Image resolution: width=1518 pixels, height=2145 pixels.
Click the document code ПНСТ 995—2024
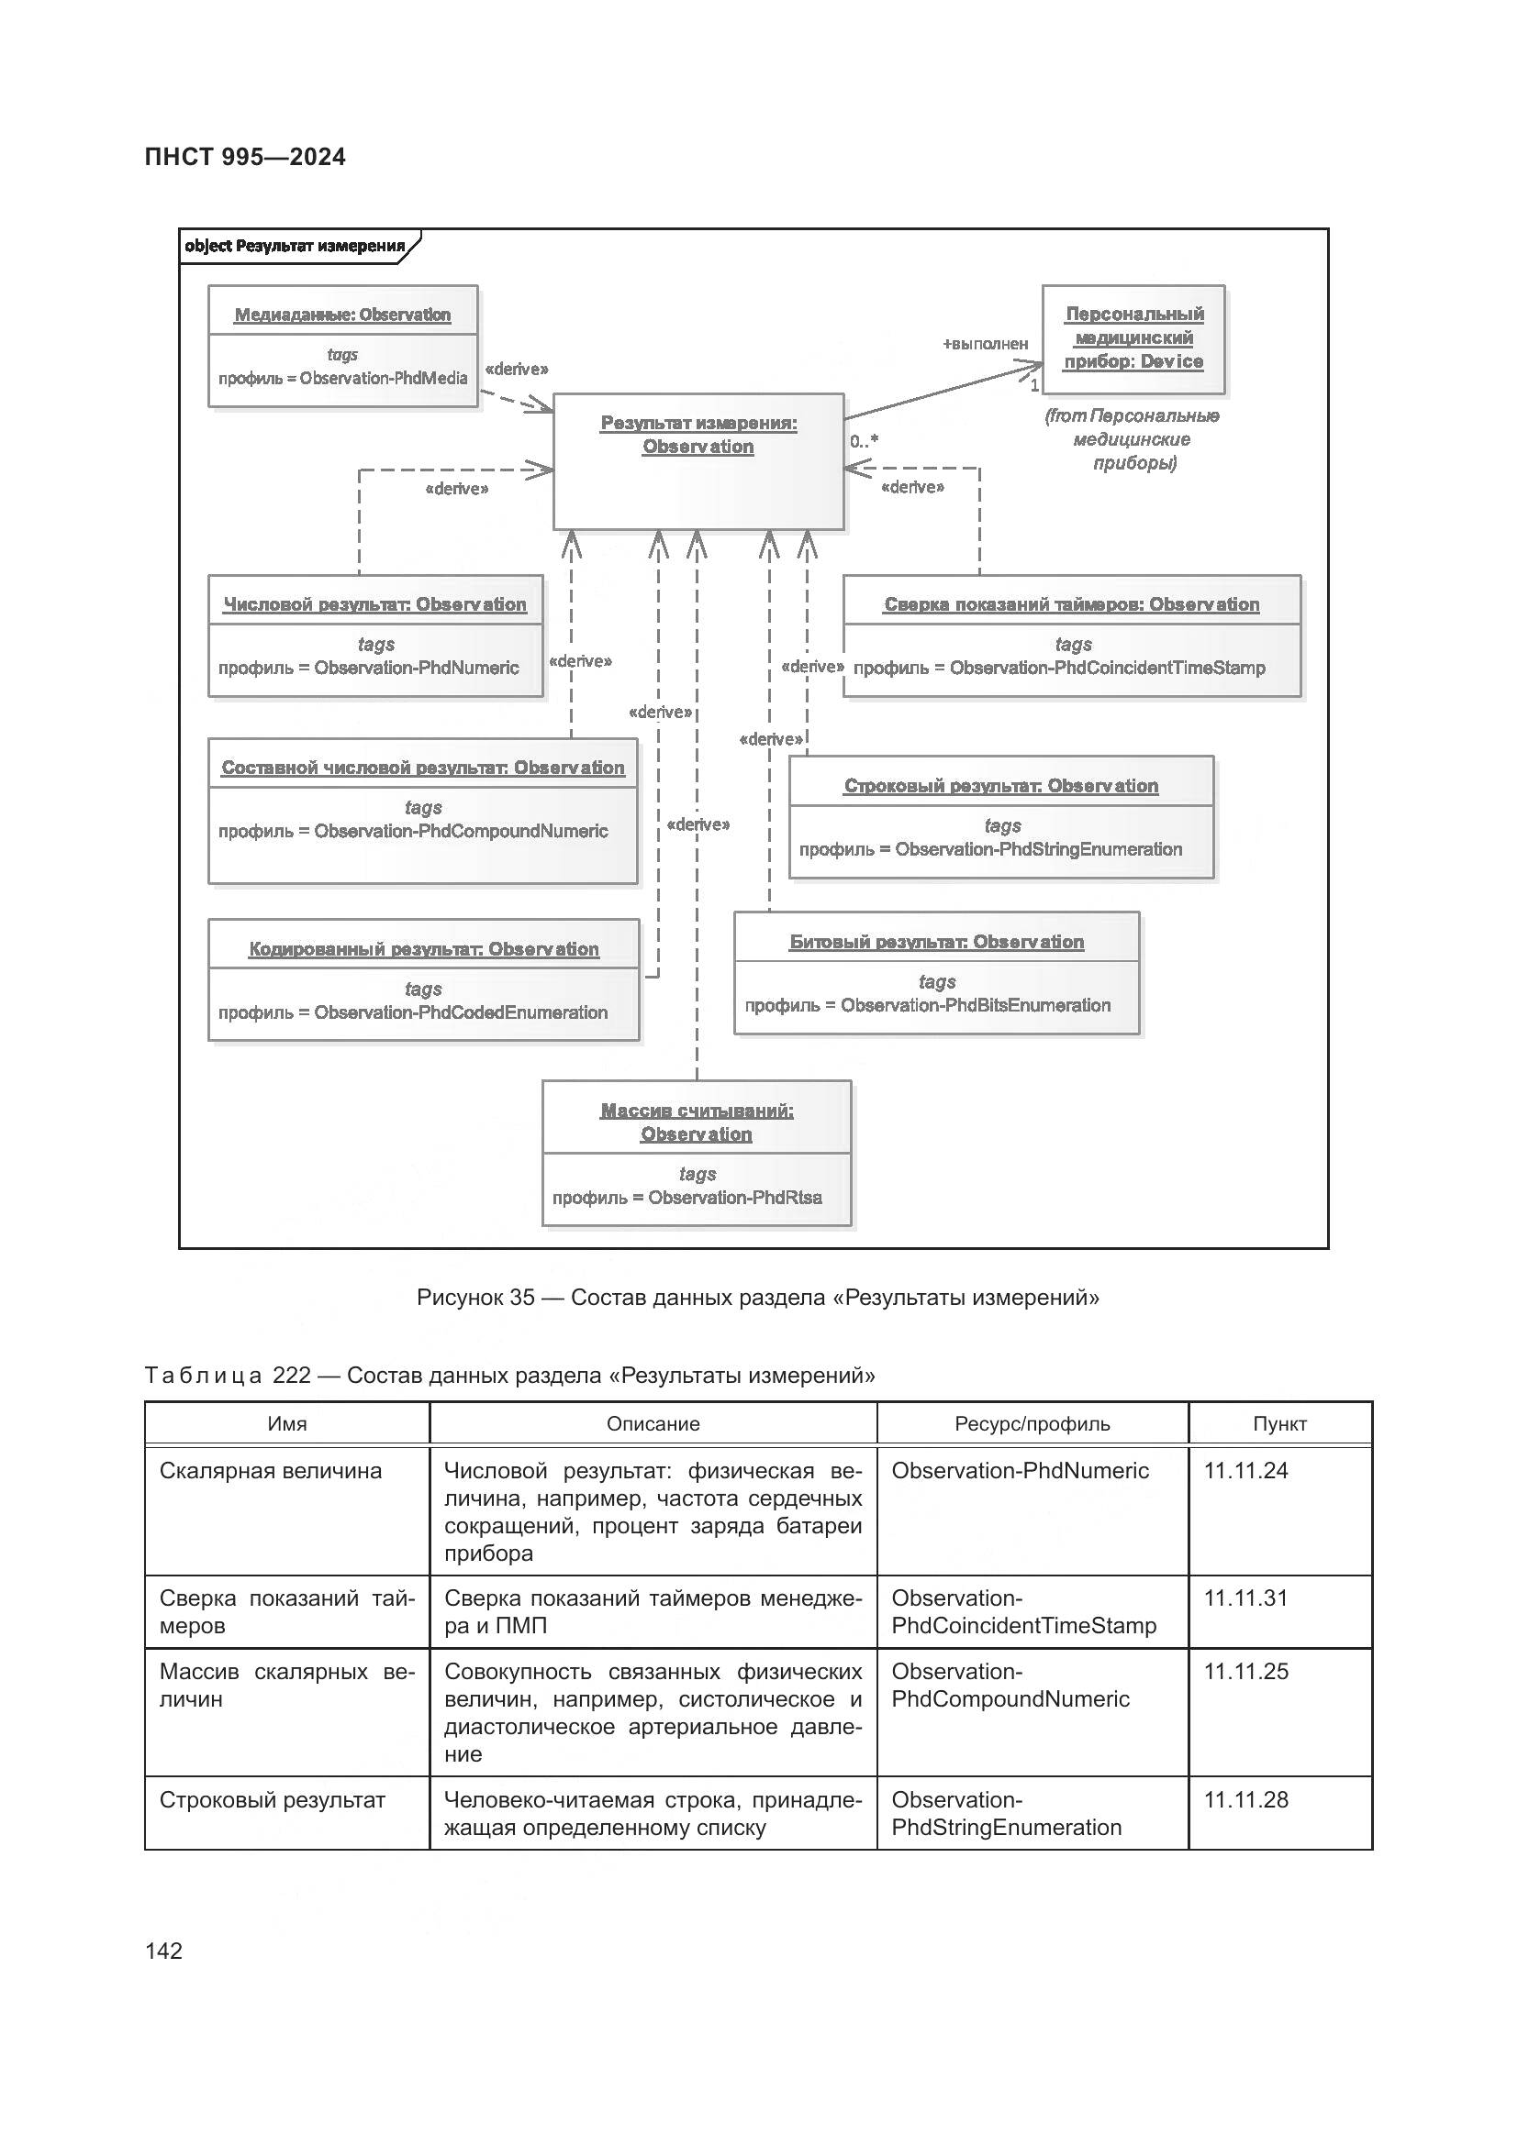(x=245, y=157)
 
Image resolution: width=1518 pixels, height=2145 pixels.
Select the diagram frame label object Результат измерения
(x=295, y=247)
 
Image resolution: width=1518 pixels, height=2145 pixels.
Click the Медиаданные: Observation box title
(x=342, y=315)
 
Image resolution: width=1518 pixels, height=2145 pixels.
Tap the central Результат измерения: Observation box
(x=698, y=462)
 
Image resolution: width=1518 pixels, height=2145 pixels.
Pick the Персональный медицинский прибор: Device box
(x=1133, y=338)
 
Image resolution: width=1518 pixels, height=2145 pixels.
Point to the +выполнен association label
(x=984, y=344)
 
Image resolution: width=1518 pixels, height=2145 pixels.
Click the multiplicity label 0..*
(x=864, y=441)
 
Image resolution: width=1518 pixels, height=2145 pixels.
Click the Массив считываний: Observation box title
(x=697, y=1122)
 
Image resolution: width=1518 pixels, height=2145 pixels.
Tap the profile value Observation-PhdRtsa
(x=735, y=1198)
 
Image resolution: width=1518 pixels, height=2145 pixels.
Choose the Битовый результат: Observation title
(x=937, y=942)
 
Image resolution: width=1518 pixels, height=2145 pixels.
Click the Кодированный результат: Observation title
(x=423, y=949)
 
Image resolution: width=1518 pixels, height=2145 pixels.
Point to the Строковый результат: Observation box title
(x=1001, y=786)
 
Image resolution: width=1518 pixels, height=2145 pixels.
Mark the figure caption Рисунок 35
(x=757, y=1298)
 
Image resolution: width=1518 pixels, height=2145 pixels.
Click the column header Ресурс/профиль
(x=1032, y=1425)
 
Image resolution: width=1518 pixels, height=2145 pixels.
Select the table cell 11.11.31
(x=1245, y=1598)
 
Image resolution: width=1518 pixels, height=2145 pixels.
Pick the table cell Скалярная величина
(x=270, y=1471)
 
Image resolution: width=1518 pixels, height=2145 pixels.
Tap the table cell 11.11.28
(x=1245, y=1800)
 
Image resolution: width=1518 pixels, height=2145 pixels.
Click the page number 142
(x=163, y=1951)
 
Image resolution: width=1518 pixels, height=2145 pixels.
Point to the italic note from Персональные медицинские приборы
(x=1132, y=439)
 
